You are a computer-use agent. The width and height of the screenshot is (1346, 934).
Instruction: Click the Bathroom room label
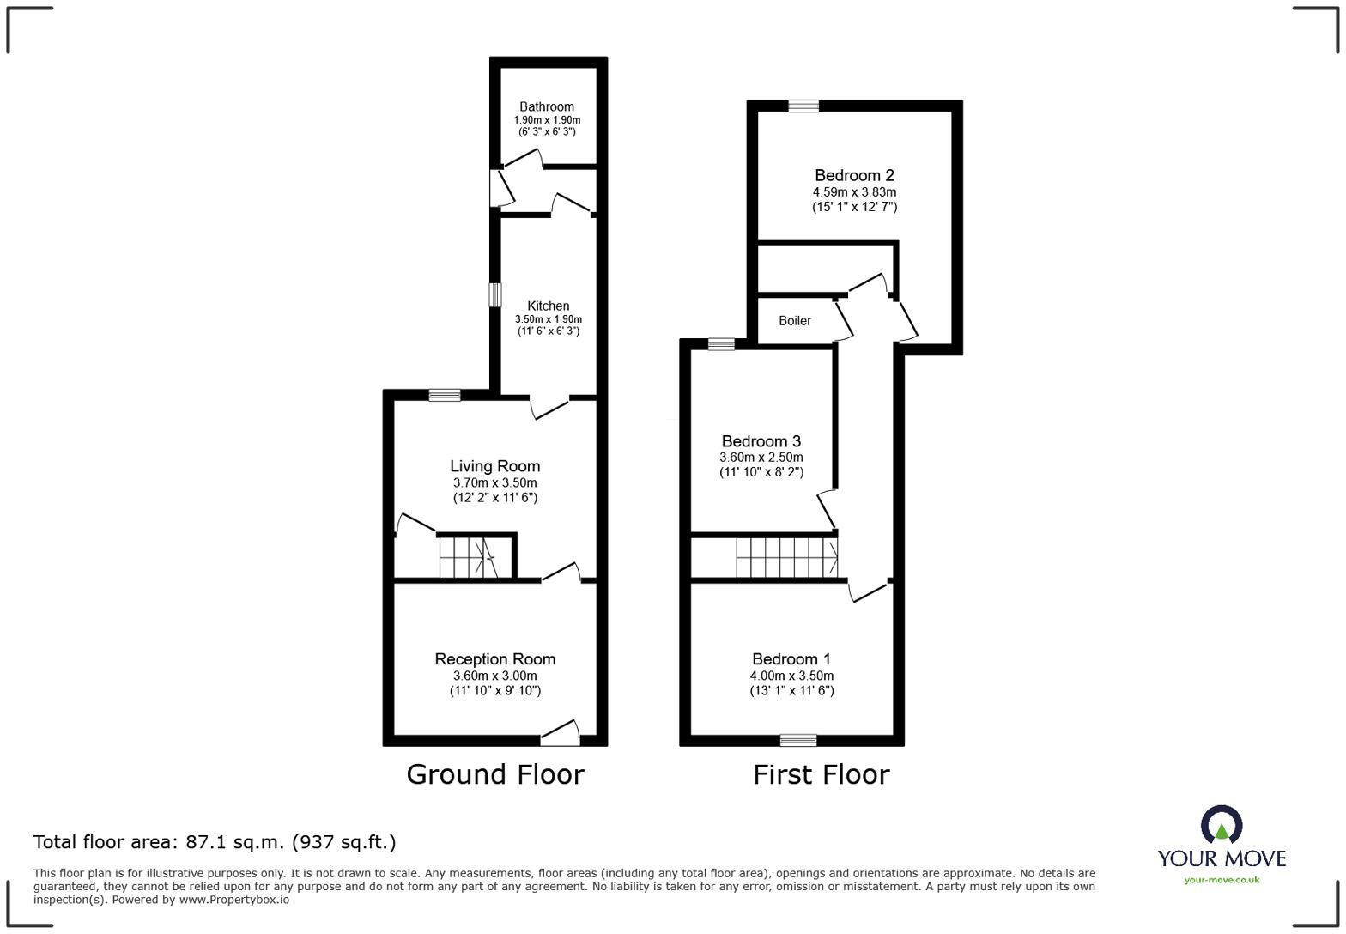click(x=546, y=107)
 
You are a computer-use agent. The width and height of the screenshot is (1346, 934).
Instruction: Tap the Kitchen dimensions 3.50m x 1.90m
click(x=548, y=319)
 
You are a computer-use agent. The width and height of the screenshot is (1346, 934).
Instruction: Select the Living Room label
click(x=495, y=466)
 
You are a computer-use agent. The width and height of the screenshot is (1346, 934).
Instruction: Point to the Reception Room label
click(x=495, y=658)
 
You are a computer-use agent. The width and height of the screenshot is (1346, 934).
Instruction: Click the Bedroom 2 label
click(x=854, y=175)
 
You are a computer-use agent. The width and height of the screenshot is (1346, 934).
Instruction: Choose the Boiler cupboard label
click(x=795, y=321)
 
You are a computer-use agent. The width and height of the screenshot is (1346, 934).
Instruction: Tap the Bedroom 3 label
click(x=761, y=442)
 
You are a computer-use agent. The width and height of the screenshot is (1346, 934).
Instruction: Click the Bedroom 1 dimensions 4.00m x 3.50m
click(x=791, y=676)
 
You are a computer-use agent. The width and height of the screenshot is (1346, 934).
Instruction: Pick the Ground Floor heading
click(x=495, y=774)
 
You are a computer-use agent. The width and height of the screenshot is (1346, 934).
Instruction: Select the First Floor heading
click(x=822, y=774)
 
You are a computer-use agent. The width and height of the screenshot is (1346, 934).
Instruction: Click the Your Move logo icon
click(x=1222, y=825)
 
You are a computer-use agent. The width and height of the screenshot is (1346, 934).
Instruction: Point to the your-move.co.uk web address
click(x=1222, y=880)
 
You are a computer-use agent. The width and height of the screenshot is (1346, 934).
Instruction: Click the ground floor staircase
click(x=469, y=557)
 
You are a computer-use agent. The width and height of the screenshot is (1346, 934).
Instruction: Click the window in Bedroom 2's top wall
click(x=803, y=106)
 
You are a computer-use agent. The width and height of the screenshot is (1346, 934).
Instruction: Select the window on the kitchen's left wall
click(x=494, y=295)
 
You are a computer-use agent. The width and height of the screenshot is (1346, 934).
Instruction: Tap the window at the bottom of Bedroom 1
click(x=798, y=741)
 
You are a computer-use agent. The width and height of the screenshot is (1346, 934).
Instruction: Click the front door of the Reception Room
click(x=560, y=733)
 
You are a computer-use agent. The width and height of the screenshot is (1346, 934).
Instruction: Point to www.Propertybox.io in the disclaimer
click(x=234, y=900)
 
